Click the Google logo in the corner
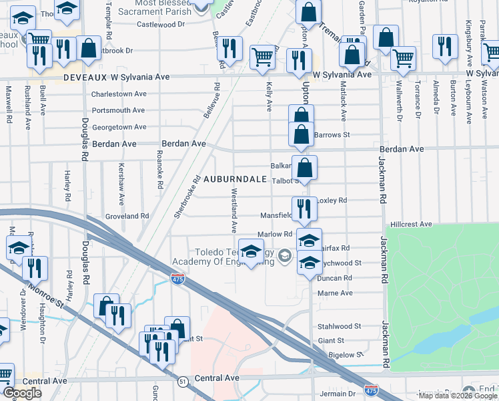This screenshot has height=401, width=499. click(22, 393)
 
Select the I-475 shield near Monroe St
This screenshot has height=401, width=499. click(177, 277)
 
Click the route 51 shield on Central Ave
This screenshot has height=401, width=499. click(182, 381)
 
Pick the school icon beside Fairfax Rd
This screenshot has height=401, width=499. click(309, 240)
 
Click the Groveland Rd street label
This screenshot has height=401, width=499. click(127, 216)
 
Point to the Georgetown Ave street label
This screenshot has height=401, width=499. click(119, 127)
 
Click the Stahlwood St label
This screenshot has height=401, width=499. click(339, 327)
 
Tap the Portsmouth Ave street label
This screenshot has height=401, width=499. click(118, 110)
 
